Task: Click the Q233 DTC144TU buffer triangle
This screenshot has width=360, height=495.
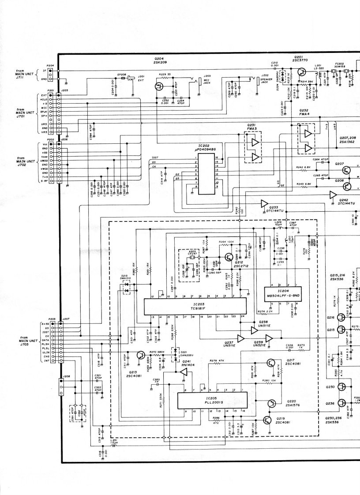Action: coord(265,203)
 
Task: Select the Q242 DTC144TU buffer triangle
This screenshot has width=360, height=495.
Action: coord(333,195)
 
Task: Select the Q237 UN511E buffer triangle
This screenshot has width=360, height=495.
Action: coord(240,339)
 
